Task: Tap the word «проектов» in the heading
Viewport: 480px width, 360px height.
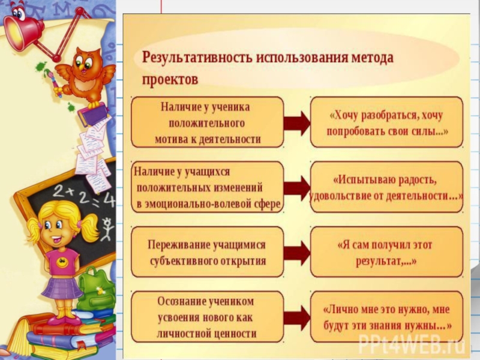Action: pyautogui.click(x=170, y=79)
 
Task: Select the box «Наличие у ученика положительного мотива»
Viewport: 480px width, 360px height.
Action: pyautogui.click(x=207, y=123)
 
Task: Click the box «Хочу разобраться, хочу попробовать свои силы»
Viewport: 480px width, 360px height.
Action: pyautogui.click(x=387, y=123)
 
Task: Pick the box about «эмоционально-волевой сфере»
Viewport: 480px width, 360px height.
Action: pyautogui.click(x=207, y=188)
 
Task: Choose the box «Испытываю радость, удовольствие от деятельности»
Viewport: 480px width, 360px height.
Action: pyautogui.click(x=387, y=188)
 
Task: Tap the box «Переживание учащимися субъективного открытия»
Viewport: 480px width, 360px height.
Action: pyautogui.click(x=207, y=253)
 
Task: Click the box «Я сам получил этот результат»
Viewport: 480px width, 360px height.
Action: pyautogui.click(x=387, y=253)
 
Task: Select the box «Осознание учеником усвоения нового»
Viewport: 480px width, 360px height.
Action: pyautogui.click(x=207, y=317)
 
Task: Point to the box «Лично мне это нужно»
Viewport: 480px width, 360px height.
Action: pyautogui.click(x=387, y=317)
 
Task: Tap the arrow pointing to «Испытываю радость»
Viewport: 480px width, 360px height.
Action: pyautogui.click(x=296, y=188)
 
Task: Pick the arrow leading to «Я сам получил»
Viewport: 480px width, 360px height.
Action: pyautogui.click(x=296, y=253)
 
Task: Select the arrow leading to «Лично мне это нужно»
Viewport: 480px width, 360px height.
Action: pyautogui.click(x=296, y=317)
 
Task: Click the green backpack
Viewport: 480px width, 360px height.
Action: pyautogui.click(x=96, y=288)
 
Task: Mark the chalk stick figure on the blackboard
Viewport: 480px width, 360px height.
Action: pyautogui.click(x=107, y=228)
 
